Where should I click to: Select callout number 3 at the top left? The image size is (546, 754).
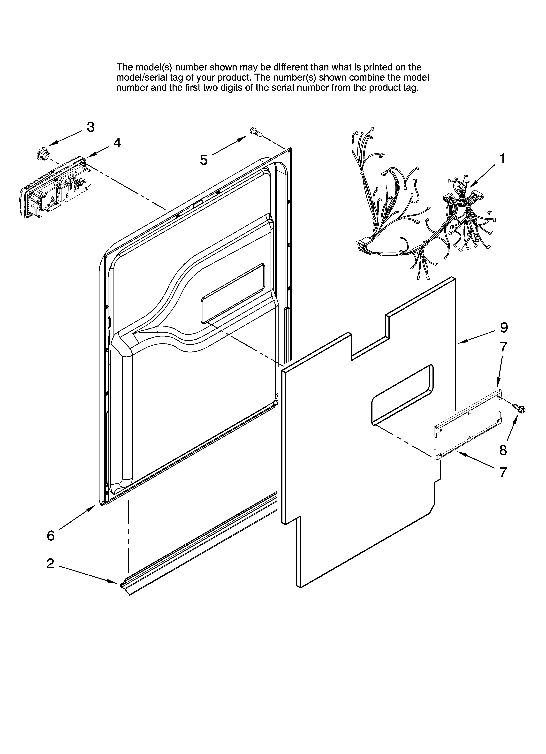[x=91, y=127]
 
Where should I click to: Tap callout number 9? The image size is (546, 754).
[x=504, y=328]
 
